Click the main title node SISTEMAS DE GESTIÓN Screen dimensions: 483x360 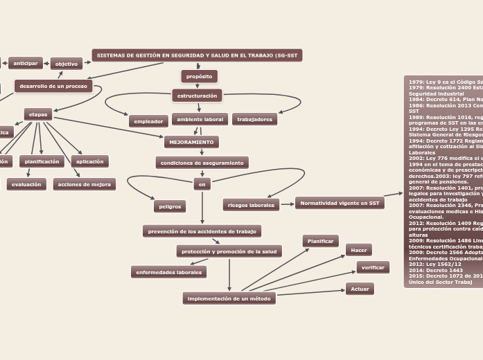(x=197, y=55)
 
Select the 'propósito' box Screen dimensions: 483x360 (x=200, y=76)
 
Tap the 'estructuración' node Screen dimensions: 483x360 (x=197, y=96)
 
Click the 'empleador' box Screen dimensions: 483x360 (x=148, y=121)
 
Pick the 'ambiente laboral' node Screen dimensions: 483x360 (x=200, y=119)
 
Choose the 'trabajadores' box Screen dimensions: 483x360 (x=254, y=119)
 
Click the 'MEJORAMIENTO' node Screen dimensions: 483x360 (x=191, y=142)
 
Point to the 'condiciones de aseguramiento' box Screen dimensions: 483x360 (x=202, y=163)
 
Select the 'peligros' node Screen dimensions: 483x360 (x=170, y=206)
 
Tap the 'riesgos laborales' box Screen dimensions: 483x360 (x=251, y=205)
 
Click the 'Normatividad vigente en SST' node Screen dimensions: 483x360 (x=340, y=203)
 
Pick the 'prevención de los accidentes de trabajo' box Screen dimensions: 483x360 (x=202, y=231)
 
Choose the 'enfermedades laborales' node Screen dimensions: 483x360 (x=168, y=272)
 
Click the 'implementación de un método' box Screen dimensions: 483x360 (x=229, y=298)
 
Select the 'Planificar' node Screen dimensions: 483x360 (x=320, y=241)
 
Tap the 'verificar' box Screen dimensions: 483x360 (x=373, y=267)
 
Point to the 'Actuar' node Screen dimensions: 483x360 (x=360, y=289)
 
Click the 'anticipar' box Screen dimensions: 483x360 (x=26, y=63)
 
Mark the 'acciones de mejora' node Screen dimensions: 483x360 (x=85, y=184)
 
